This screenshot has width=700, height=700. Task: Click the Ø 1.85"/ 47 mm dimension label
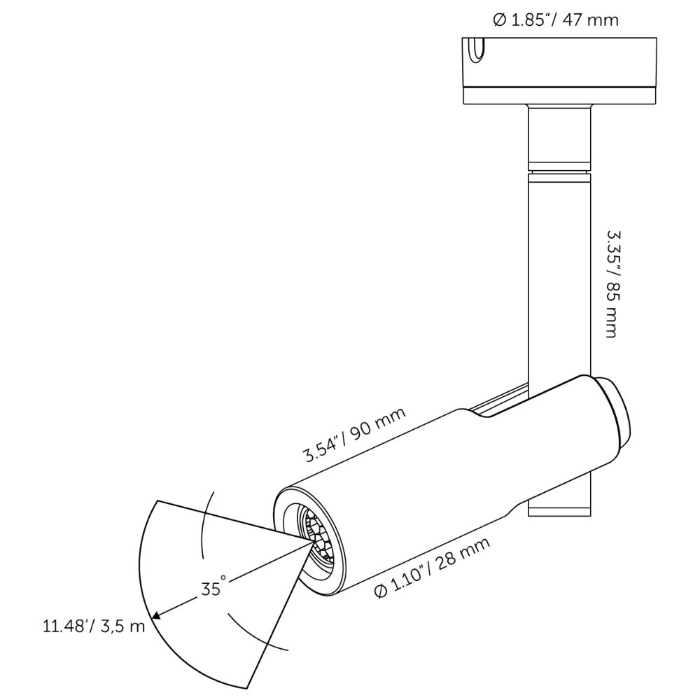(x=556, y=20)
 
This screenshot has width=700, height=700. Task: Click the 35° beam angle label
(x=214, y=588)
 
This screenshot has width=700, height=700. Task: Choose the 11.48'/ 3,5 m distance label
(x=93, y=625)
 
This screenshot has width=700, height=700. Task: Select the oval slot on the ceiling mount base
(x=476, y=52)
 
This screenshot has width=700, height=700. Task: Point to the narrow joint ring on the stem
(x=559, y=167)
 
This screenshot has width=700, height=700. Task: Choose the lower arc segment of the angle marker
(x=255, y=630)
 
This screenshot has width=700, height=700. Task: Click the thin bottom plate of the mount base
(x=559, y=97)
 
